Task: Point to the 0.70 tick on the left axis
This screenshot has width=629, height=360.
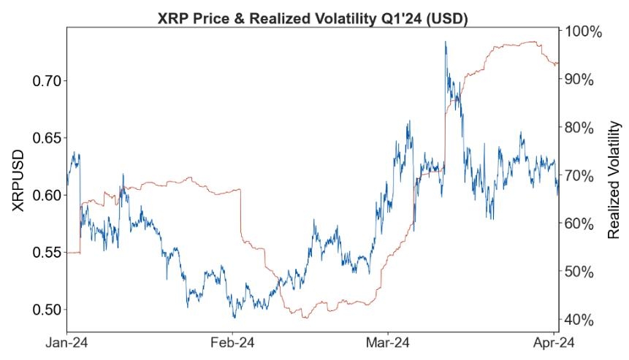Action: pyautogui.click(x=47, y=81)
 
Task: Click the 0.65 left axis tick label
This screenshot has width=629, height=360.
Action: pyautogui.click(x=47, y=138)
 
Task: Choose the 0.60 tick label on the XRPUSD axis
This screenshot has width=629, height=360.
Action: pyautogui.click(x=47, y=196)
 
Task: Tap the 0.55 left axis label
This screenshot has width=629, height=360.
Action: pyautogui.click(x=47, y=253)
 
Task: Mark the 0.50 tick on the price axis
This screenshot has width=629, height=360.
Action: pyautogui.click(x=47, y=310)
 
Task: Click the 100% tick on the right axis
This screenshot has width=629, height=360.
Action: pyautogui.click(x=584, y=32)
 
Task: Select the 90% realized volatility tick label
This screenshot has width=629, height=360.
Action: pyautogui.click(x=579, y=80)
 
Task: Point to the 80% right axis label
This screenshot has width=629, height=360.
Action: pyautogui.click(x=579, y=129)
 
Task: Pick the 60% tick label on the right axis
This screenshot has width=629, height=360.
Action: pyautogui.click(x=579, y=224)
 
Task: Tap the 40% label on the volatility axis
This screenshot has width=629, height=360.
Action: pyautogui.click(x=579, y=321)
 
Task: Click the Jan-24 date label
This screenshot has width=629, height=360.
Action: pyautogui.click(x=66, y=343)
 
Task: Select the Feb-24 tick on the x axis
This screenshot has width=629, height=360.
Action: pyautogui.click(x=232, y=343)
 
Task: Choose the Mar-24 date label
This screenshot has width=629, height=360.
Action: pyautogui.click(x=388, y=343)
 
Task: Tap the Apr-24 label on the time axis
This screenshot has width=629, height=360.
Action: pyautogui.click(x=554, y=343)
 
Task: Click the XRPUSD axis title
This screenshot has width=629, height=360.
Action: pyautogui.click(x=18, y=181)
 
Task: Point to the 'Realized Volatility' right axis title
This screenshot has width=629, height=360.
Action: pyautogui.click(x=614, y=180)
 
